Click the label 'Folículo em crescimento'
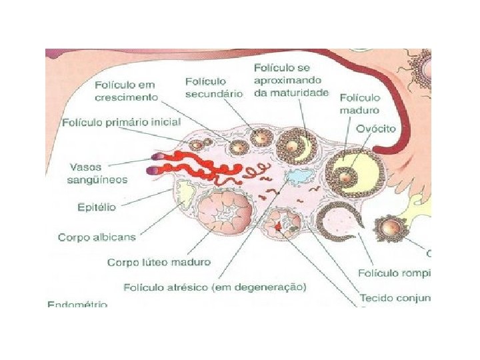pyautogui.click(x=126, y=91)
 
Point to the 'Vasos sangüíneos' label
pyautogui.click(x=97, y=173)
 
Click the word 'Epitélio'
pyautogui.click(x=97, y=207)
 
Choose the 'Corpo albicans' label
pyautogui.click(x=97, y=237)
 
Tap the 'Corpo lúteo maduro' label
pyautogui.click(x=159, y=262)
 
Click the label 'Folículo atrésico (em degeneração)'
pyautogui.click(x=215, y=287)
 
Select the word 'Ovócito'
pyautogui.click(x=375, y=128)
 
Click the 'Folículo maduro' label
pyautogui.click(x=360, y=104)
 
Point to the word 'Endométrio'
pyautogui.click(x=77, y=304)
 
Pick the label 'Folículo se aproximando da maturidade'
pyautogui.click(x=291, y=80)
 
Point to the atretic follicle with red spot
pyautogui.click(x=283, y=225)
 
